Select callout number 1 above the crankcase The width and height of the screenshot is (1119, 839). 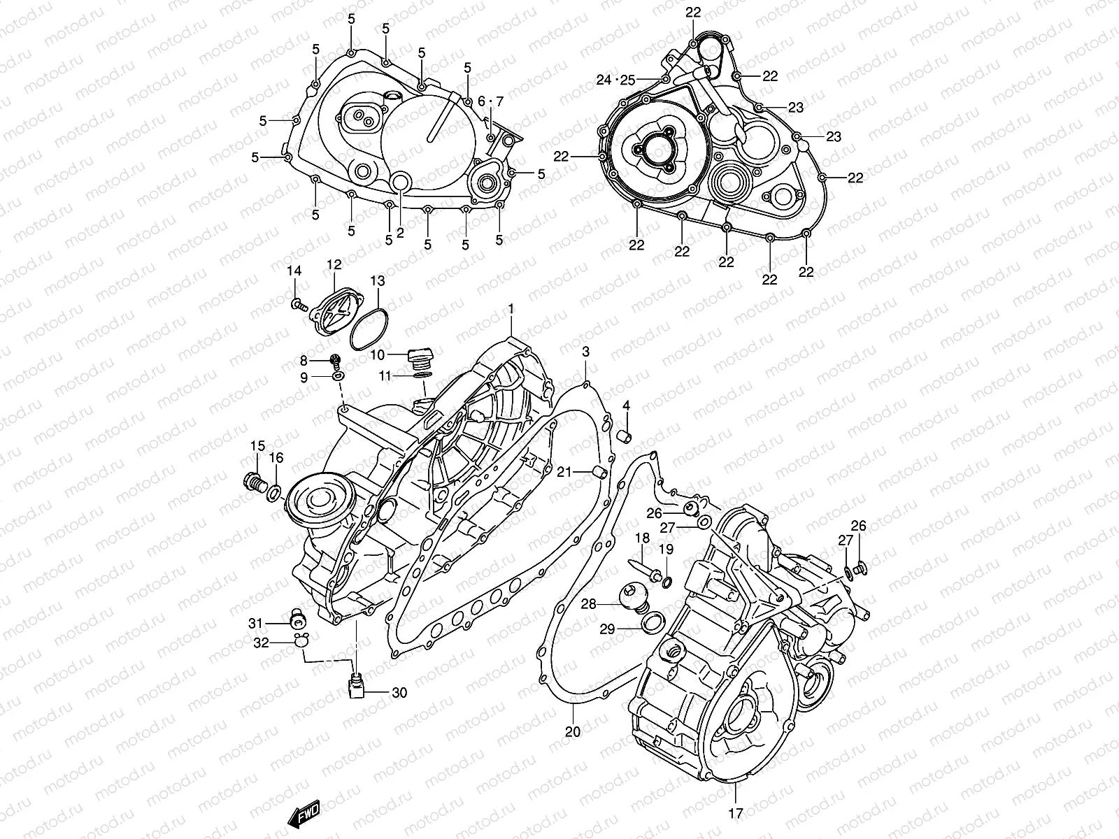coord(511,308)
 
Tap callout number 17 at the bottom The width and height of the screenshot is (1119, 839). coord(736,813)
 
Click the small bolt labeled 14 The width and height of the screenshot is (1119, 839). coord(299,304)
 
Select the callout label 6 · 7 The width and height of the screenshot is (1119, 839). coord(490,102)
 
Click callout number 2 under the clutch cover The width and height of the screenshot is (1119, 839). coord(400,233)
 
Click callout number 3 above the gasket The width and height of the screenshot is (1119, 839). coord(586,352)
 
